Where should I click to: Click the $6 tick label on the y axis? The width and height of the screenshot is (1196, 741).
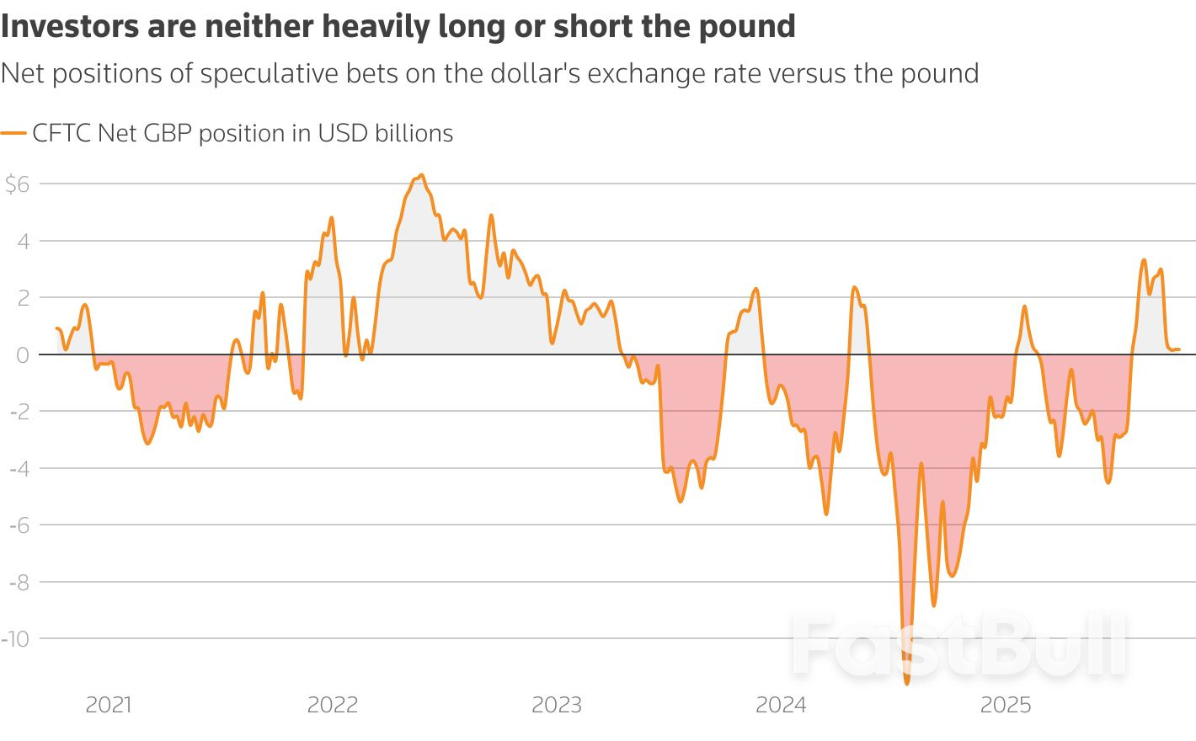[17, 184]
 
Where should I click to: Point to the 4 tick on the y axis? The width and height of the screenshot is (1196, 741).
[23, 242]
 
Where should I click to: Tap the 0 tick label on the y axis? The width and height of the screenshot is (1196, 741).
[23, 355]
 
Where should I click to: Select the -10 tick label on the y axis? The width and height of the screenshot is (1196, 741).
[15, 639]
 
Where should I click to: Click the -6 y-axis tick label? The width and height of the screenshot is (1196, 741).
[19, 525]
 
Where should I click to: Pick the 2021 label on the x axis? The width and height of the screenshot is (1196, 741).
[109, 705]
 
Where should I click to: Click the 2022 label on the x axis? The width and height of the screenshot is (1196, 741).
[333, 705]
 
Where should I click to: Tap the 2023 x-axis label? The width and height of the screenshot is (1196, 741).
[557, 705]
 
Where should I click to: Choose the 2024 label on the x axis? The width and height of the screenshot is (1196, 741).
[781, 705]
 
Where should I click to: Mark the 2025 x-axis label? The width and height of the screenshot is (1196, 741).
[1006, 705]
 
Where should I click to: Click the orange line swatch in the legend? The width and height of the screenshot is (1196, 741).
[13, 133]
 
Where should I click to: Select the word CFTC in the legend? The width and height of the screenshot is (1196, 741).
[61, 133]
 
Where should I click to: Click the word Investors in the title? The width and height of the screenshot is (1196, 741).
[70, 27]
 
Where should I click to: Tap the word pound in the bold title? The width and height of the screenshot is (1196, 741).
[747, 27]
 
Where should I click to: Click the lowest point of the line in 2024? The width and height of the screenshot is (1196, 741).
[907, 683]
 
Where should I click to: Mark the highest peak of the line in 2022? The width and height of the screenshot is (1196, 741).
[421, 175]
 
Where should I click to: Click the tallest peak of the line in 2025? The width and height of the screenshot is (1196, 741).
[1144, 260]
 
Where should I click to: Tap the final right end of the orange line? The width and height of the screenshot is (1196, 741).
[1179, 349]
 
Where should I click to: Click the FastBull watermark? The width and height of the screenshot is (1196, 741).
[958, 647]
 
